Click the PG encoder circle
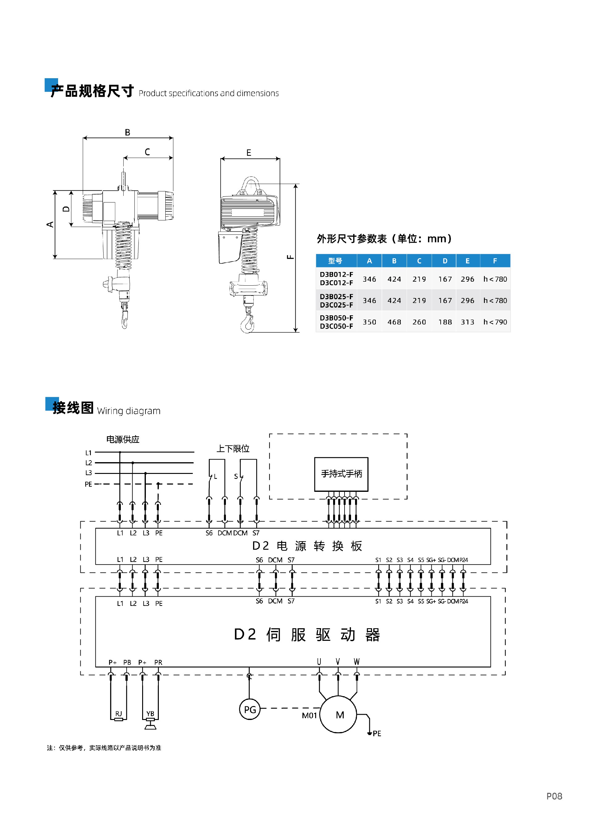(x=250, y=709)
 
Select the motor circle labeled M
(x=338, y=714)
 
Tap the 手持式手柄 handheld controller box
(x=341, y=474)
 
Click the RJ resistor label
(x=119, y=713)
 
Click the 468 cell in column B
(x=394, y=322)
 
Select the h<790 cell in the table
(x=495, y=322)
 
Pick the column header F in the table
(x=495, y=261)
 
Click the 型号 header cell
(x=335, y=261)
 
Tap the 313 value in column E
(x=468, y=322)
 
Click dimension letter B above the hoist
(x=127, y=132)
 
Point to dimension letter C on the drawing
(x=147, y=152)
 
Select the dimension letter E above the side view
(x=249, y=153)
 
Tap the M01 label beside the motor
(x=309, y=716)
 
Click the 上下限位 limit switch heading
(x=233, y=449)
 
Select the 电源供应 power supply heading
(x=123, y=439)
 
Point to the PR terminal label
(x=158, y=662)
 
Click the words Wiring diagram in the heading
(x=129, y=411)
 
